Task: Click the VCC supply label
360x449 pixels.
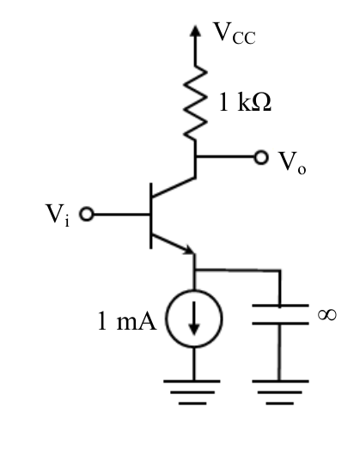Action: pyautogui.click(x=235, y=33)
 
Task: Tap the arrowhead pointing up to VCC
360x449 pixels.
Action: pyautogui.click(x=196, y=31)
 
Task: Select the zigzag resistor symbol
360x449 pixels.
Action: pyautogui.click(x=196, y=103)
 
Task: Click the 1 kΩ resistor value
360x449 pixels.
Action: pyautogui.click(x=245, y=102)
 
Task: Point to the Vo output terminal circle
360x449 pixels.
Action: pyautogui.click(x=261, y=157)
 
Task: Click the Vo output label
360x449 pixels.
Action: pyautogui.click(x=292, y=162)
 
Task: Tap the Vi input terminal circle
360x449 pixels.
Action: pyautogui.click(x=86, y=214)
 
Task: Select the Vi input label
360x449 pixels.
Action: pyautogui.click(x=58, y=215)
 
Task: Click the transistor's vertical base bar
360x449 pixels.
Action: pyautogui.click(x=150, y=215)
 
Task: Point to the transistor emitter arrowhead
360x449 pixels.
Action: pyautogui.click(x=189, y=249)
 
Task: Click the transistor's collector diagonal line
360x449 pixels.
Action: pyautogui.click(x=174, y=187)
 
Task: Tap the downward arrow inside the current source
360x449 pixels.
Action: pyautogui.click(x=194, y=318)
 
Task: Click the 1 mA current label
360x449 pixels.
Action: pyautogui.click(x=127, y=321)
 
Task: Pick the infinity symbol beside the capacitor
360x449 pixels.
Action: pyautogui.click(x=327, y=315)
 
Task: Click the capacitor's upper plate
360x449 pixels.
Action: pyautogui.click(x=280, y=306)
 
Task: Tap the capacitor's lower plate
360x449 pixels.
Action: pyautogui.click(x=280, y=324)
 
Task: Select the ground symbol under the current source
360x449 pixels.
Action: pyautogui.click(x=192, y=392)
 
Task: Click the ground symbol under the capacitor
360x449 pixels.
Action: pyautogui.click(x=280, y=392)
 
